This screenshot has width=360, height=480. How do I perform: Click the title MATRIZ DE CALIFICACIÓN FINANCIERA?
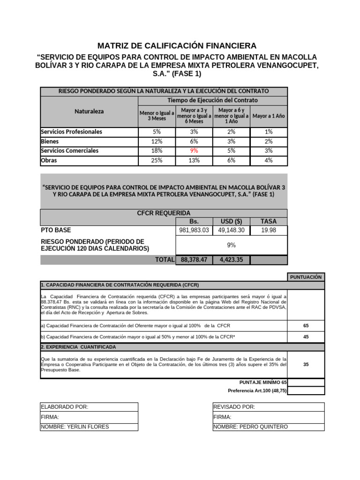177,45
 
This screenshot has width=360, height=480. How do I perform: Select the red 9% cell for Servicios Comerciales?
194,151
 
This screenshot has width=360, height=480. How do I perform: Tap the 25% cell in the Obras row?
157,160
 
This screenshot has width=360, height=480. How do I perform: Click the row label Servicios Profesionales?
71,132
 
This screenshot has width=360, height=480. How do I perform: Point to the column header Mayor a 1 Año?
269,116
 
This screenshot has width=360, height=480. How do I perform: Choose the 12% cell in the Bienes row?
157,142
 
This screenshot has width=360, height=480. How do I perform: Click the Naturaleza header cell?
89,112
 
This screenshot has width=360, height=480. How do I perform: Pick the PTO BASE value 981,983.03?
194,230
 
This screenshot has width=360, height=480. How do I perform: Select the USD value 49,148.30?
231,230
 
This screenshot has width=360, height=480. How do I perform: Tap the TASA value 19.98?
269,230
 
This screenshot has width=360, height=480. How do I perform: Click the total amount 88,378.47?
194,260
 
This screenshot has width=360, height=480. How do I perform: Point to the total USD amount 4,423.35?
231,260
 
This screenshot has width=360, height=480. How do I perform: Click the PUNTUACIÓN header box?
306,277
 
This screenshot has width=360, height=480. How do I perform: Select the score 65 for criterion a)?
306,325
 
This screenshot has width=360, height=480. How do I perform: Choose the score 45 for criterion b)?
306,337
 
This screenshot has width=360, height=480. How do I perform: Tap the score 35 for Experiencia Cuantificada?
306,364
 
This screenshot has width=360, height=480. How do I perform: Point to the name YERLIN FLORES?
75,427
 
